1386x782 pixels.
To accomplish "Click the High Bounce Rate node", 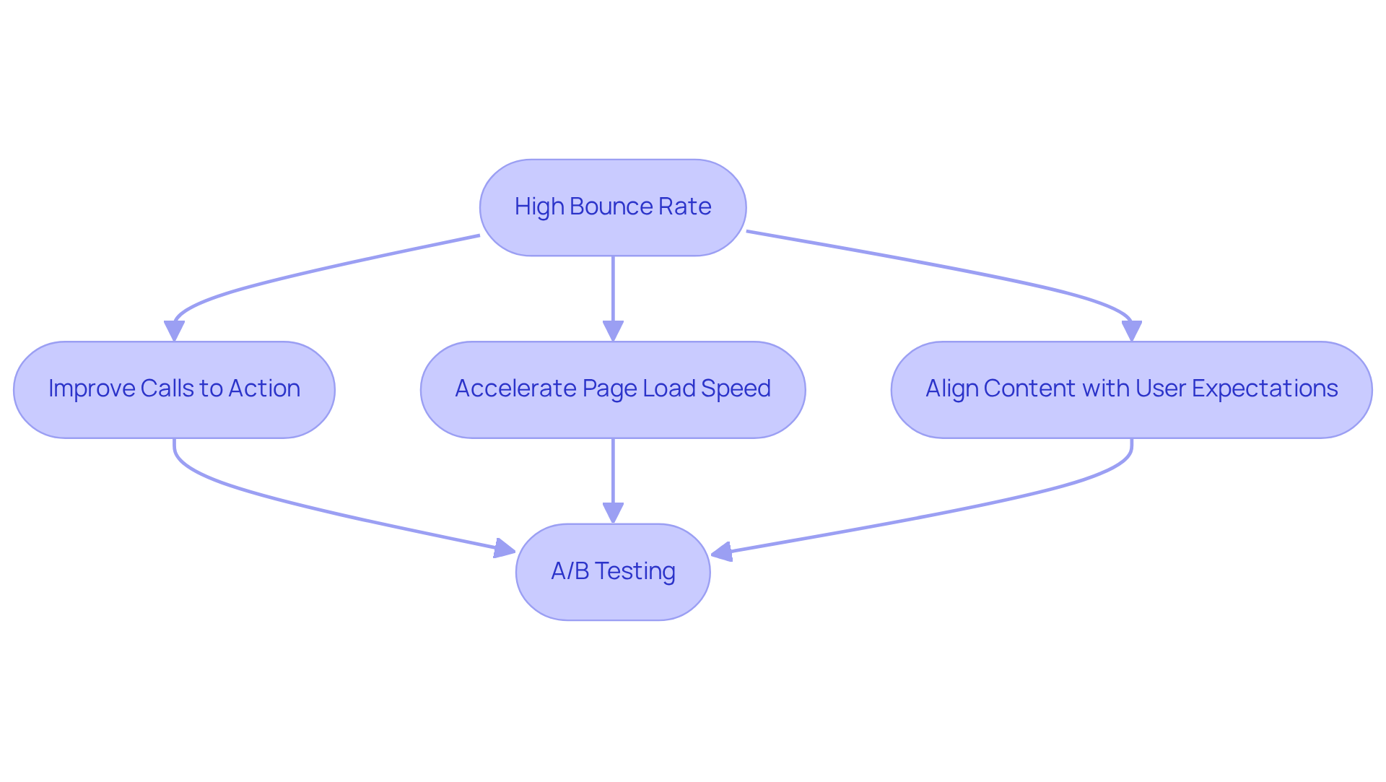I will point(613,207).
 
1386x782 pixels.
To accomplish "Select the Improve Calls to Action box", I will point(174,389).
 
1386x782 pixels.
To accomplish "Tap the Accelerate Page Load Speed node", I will point(613,389).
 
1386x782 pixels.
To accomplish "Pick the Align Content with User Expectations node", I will point(1131,389).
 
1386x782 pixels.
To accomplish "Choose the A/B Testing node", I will point(613,571).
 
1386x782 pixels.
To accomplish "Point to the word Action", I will point(264,388).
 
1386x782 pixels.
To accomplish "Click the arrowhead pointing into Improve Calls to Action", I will point(174,331).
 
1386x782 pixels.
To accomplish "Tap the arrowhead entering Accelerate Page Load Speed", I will point(613,331).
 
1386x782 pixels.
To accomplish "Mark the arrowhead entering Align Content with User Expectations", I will point(1131,331).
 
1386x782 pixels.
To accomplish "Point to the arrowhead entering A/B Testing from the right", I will point(722,552).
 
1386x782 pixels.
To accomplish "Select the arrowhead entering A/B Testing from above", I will point(613,513).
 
